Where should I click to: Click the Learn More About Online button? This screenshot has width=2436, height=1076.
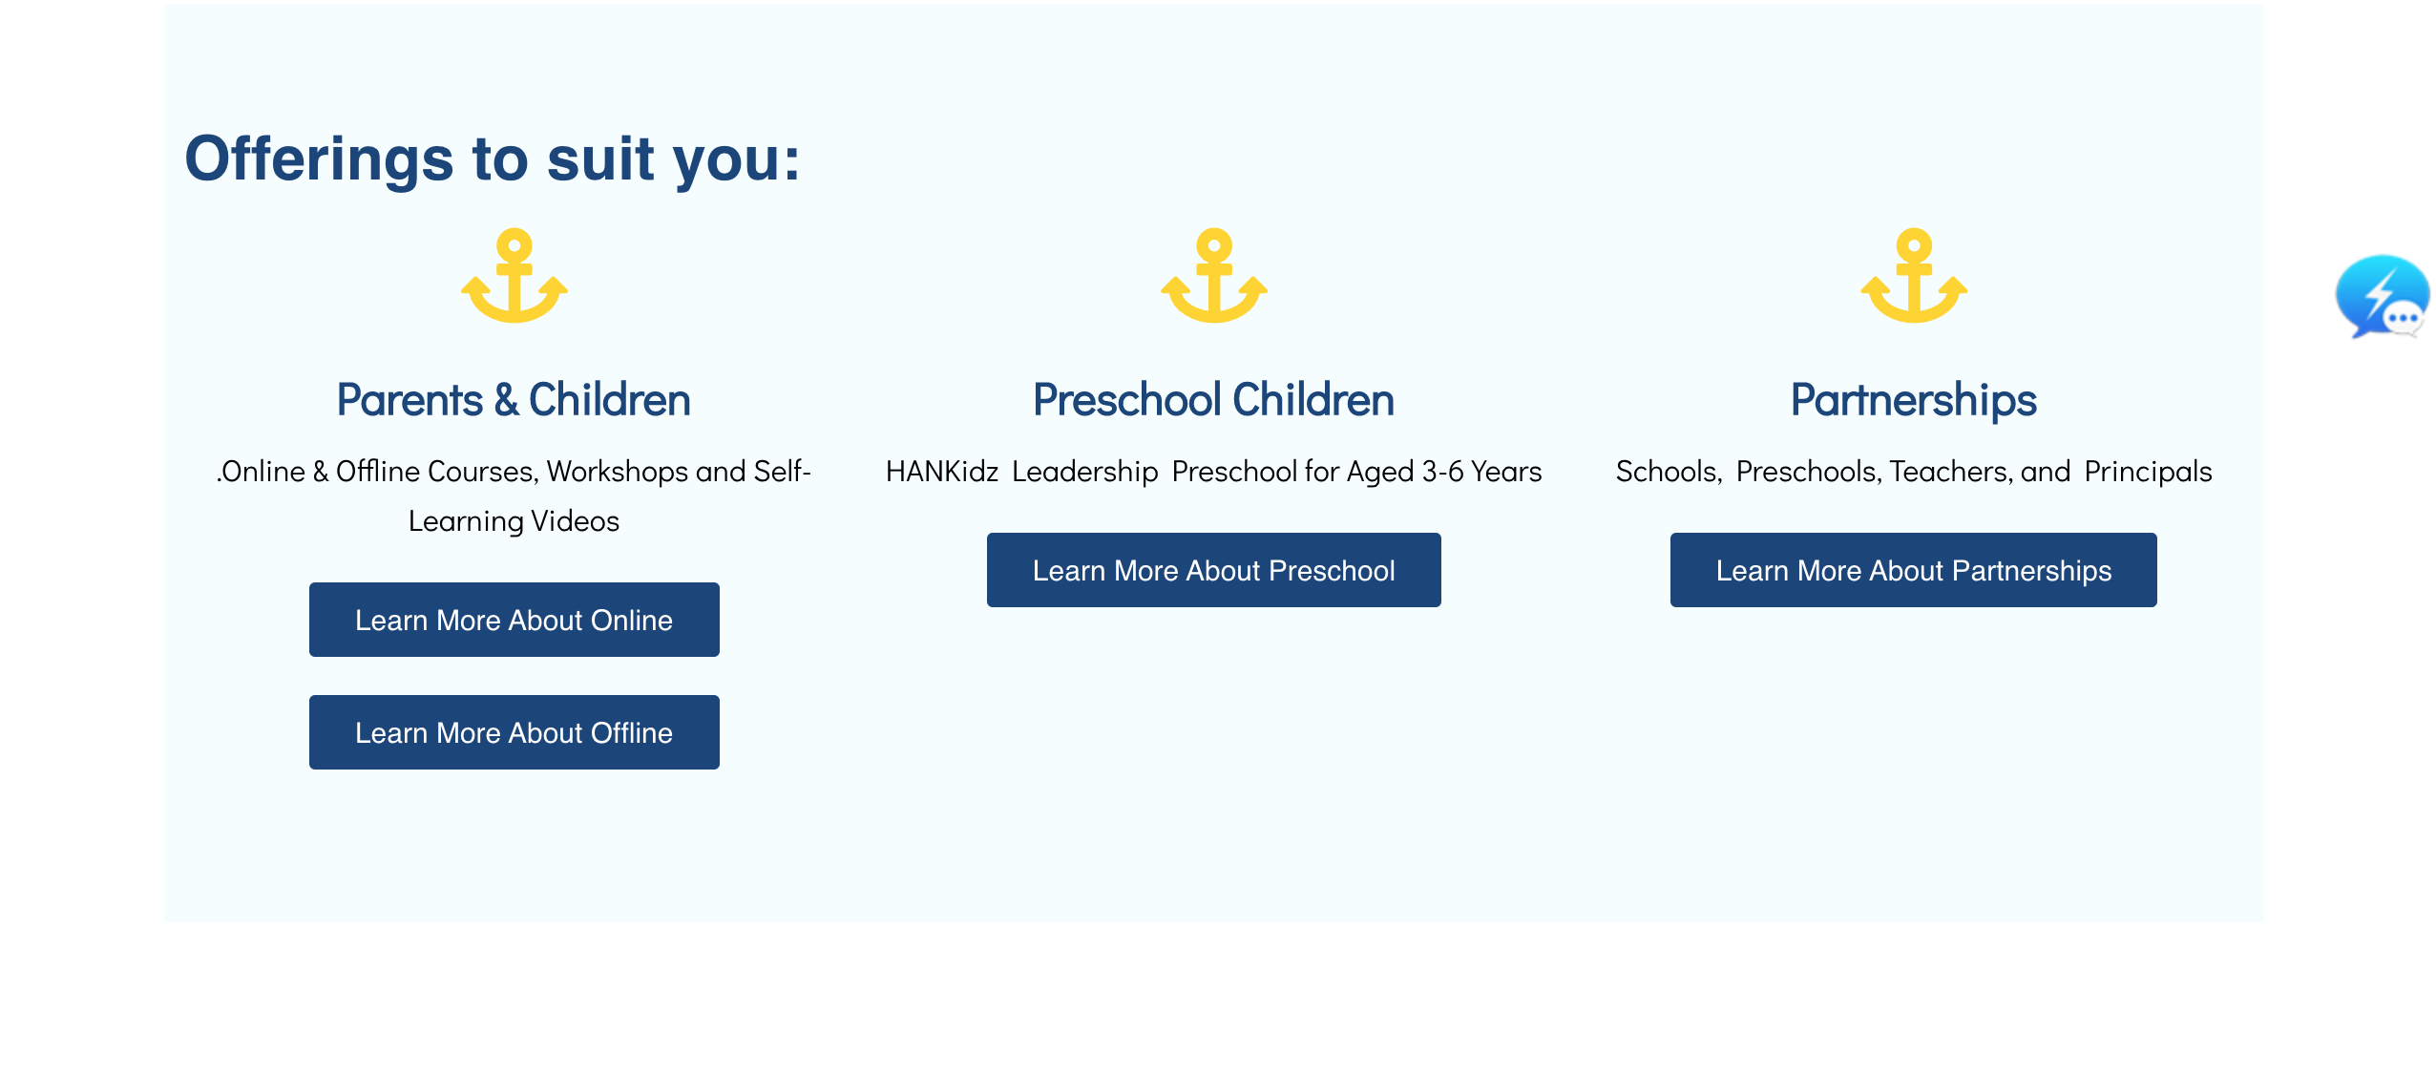[x=514, y=620]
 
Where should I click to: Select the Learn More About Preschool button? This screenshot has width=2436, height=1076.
[x=1213, y=570]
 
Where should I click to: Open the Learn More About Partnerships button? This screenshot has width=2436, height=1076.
[x=1913, y=570]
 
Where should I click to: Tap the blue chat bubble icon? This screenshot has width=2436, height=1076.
[x=2383, y=297]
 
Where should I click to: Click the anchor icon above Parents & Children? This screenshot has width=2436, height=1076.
[x=514, y=277]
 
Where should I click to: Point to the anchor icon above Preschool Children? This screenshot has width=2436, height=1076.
[x=1214, y=277]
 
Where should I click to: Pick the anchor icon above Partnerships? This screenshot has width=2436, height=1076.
[x=1914, y=277]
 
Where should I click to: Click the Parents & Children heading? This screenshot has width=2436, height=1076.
[x=514, y=400]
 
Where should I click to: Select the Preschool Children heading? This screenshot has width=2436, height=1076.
[x=1213, y=400]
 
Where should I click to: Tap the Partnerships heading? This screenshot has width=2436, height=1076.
[x=1913, y=400]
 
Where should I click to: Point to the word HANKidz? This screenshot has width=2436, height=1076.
[x=942, y=472]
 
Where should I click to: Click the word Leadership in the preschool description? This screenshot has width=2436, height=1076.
[x=1085, y=472]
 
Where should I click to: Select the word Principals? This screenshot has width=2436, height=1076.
[x=2148, y=472]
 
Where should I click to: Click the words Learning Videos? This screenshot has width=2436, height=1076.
[x=514, y=521]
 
